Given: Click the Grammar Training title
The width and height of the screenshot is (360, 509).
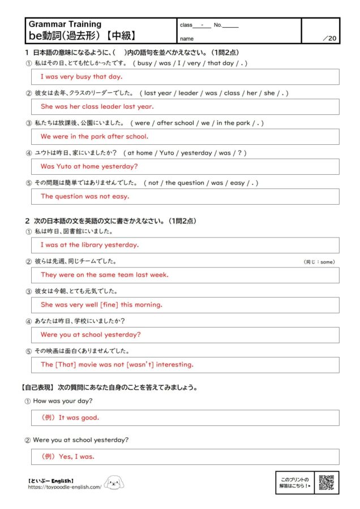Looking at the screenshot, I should [65, 24].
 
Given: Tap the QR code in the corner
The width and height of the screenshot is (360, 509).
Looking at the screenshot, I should [326, 482].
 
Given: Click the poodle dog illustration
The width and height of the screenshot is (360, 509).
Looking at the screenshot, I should [114, 482].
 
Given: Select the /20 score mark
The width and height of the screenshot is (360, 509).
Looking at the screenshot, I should [329, 38].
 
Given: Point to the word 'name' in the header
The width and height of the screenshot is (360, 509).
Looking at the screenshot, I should [187, 39].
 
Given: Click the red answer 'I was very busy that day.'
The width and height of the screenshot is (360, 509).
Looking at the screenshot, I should [82, 76].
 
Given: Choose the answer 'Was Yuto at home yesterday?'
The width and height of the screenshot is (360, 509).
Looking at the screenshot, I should [89, 166].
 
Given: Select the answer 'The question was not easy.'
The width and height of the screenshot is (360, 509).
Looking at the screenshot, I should [85, 196].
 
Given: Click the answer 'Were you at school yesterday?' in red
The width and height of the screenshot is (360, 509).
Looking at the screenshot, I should [91, 334].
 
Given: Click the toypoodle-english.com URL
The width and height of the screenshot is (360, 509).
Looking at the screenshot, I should [65, 486].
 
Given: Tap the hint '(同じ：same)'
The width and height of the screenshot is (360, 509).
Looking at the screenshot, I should [319, 261].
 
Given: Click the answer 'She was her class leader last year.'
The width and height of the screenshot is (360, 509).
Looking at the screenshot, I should [97, 106].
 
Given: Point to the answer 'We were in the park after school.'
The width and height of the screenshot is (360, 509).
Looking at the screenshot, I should [95, 136].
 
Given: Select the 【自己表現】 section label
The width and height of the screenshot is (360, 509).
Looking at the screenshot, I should [36, 387].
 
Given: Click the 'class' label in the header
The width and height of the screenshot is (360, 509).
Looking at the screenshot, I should [186, 25].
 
